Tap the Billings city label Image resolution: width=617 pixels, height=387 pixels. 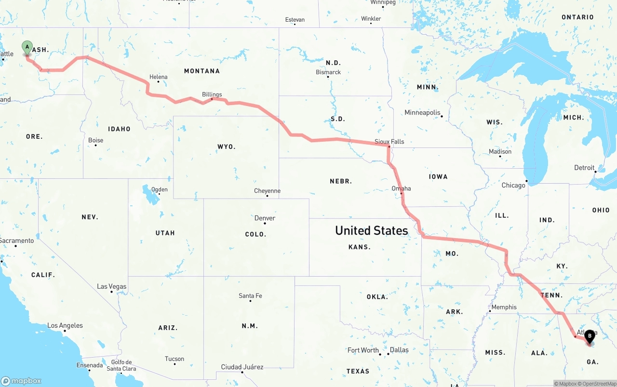click(x=212, y=94)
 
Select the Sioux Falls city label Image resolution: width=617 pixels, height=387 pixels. click(x=389, y=142)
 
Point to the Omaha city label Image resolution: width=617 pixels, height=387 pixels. click(x=401, y=188)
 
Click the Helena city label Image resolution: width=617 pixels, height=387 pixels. click(x=159, y=77)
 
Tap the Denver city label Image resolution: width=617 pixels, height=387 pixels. click(x=265, y=218)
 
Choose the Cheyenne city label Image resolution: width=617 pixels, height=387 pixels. click(x=267, y=191)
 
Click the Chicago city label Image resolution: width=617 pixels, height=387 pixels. click(x=513, y=186)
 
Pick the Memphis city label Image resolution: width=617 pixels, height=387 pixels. click(x=504, y=307)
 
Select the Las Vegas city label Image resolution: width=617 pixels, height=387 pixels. click(x=112, y=287)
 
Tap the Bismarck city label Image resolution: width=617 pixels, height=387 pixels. click(x=328, y=72)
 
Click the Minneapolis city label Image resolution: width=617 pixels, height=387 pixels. click(x=422, y=113)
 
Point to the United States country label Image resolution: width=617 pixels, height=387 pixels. click(x=372, y=230)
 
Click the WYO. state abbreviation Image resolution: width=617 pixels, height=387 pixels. click(x=227, y=147)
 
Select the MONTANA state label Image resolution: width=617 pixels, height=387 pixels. click(x=202, y=71)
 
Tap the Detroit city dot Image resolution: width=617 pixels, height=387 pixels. click(x=596, y=172)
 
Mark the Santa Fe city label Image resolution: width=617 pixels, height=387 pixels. click(x=250, y=296)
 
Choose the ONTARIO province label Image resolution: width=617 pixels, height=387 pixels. click(x=577, y=17)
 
